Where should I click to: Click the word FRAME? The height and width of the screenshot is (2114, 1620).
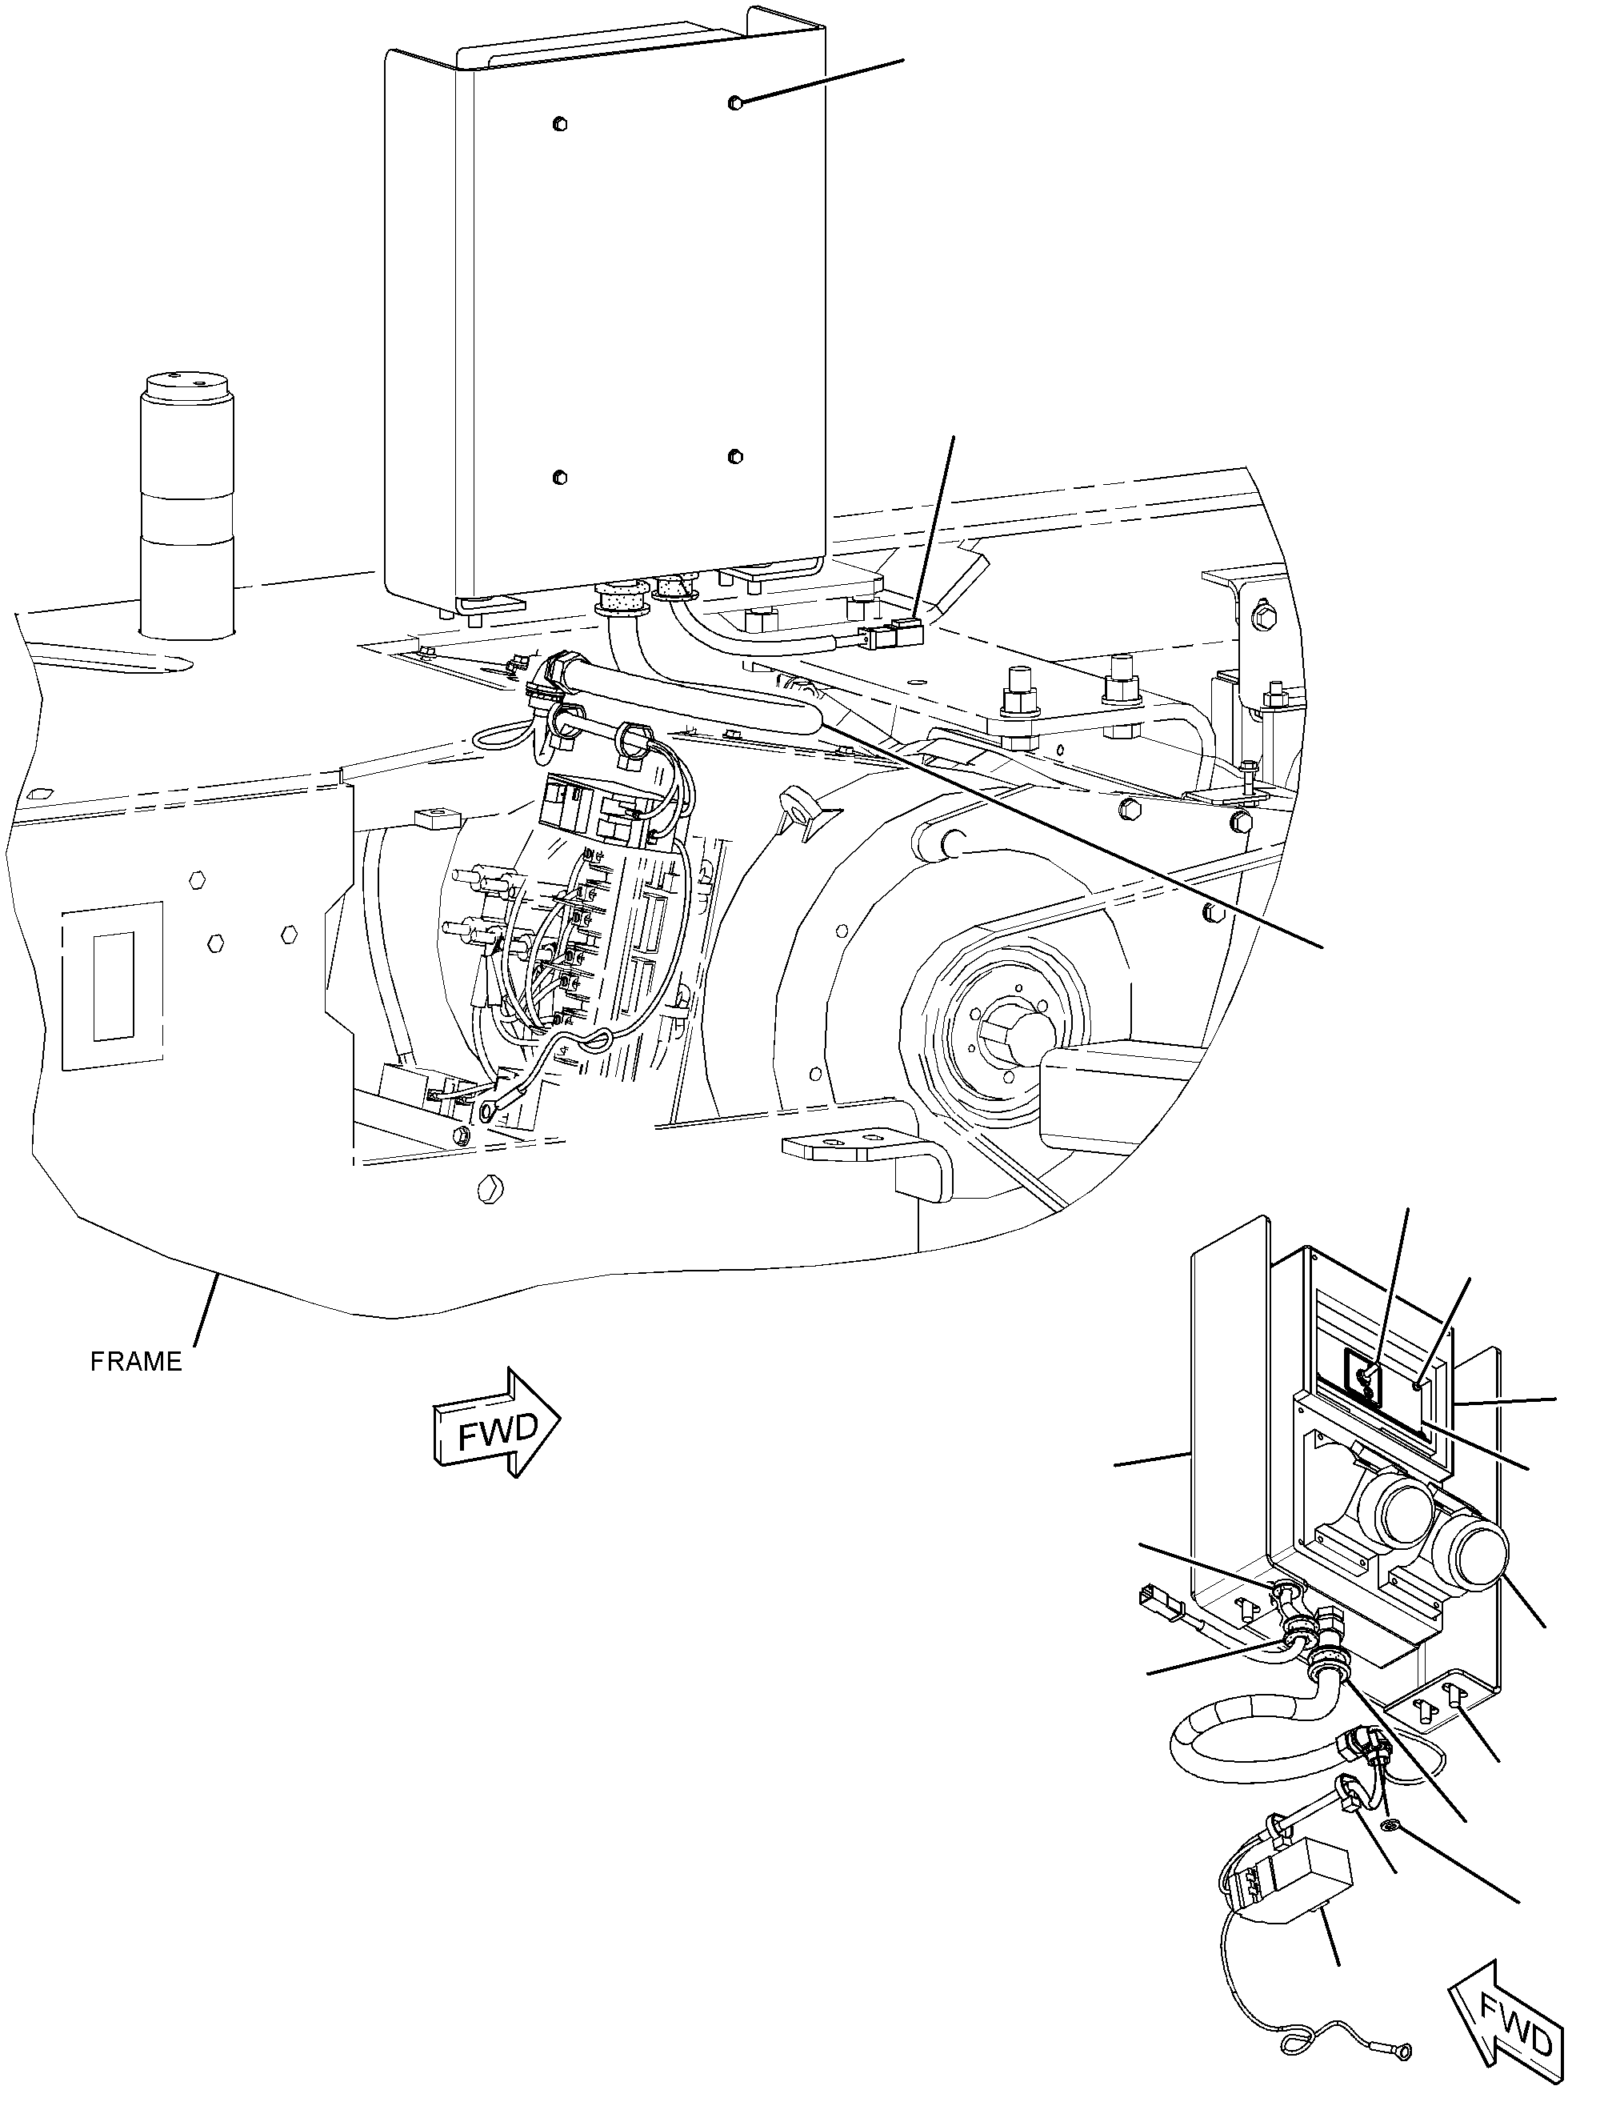pos(136,1361)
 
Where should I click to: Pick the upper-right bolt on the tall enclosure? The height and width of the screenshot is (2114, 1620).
pos(737,102)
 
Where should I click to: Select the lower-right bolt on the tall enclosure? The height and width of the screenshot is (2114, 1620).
pos(737,455)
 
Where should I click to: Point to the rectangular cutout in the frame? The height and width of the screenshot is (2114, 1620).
pos(113,985)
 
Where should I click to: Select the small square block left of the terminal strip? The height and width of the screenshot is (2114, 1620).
pos(433,819)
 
